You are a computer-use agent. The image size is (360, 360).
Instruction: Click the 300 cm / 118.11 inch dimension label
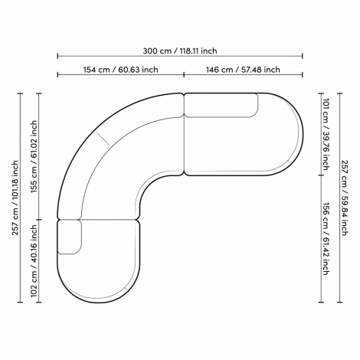click(x=180, y=51)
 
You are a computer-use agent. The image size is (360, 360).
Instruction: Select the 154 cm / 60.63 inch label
click(x=120, y=70)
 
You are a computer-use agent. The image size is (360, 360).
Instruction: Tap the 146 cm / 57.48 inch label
click(x=243, y=70)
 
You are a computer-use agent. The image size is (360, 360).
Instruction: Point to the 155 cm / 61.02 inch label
click(x=34, y=157)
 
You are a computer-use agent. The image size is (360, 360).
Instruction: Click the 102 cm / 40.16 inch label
click(x=34, y=261)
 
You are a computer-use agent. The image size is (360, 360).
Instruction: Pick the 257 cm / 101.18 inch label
click(x=15, y=198)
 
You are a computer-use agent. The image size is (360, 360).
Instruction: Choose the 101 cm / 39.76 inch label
click(x=325, y=134)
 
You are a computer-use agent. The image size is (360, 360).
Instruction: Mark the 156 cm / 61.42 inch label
click(x=325, y=238)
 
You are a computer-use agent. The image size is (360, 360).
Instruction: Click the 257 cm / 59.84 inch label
click(x=344, y=198)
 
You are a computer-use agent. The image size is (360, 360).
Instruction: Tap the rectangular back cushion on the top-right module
click(x=221, y=105)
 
